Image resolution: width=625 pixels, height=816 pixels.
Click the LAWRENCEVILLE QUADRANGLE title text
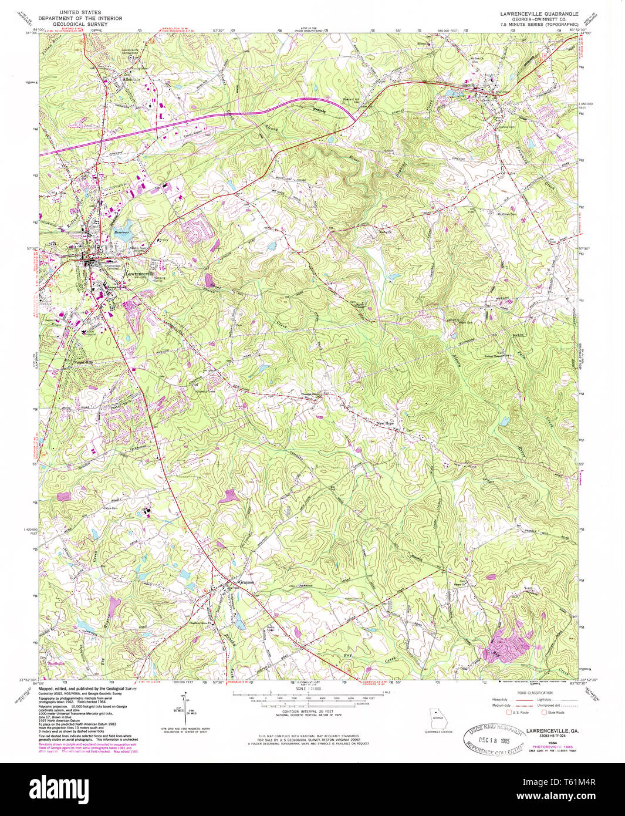539,13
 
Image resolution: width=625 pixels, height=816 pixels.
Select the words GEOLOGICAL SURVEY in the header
80,25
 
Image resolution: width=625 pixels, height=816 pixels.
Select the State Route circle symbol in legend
543,712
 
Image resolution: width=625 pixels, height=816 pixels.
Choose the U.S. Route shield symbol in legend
509,712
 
